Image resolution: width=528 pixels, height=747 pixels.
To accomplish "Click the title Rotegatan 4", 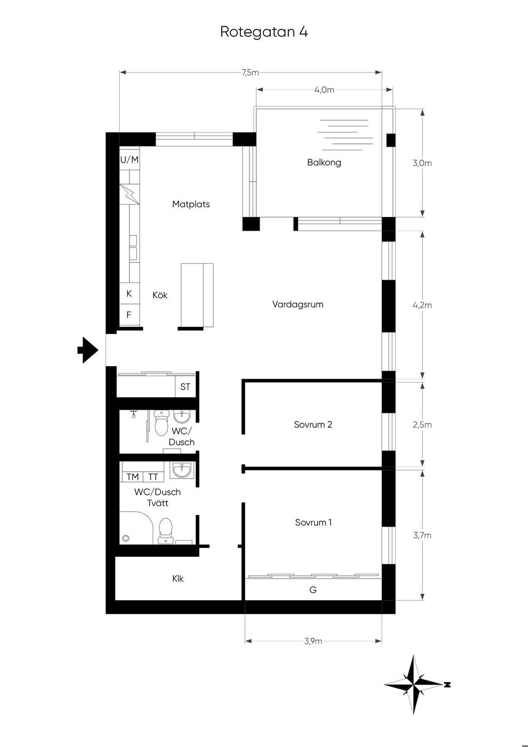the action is pyautogui.click(x=264, y=32).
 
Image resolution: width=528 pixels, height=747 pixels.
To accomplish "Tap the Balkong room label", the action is pyautogui.click(x=324, y=163).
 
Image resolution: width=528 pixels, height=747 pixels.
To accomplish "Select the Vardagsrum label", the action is pyautogui.click(x=298, y=305).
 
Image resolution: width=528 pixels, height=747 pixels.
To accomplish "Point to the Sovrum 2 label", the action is pyautogui.click(x=313, y=424).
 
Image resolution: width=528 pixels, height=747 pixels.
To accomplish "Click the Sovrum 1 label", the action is pyautogui.click(x=313, y=522).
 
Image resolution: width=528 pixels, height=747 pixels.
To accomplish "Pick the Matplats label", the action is pyautogui.click(x=191, y=204).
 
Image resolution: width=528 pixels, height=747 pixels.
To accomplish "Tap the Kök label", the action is pyautogui.click(x=160, y=295).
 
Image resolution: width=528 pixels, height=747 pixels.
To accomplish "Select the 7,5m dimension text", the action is pyautogui.click(x=250, y=72).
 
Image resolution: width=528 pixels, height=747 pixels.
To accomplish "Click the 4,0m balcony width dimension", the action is pyautogui.click(x=324, y=90).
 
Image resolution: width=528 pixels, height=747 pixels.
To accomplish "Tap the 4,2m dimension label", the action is pyautogui.click(x=422, y=305).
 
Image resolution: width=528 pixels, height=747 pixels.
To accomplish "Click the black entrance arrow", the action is pyautogui.click(x=88, y=350).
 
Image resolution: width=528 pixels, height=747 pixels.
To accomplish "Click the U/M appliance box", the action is pyautogui.click(x=129, y=160).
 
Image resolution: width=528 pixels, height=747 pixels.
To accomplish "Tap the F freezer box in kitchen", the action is pyautogui.click(x=129, y=315).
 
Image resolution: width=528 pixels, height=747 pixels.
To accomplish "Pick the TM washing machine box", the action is pyautogui.click(x=133, y=477).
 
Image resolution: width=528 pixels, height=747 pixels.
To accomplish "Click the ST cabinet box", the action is pyautogui.click(x=186, y=387).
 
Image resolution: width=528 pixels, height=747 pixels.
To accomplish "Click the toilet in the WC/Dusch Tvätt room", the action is pyautogui.click(x=165, y=531).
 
